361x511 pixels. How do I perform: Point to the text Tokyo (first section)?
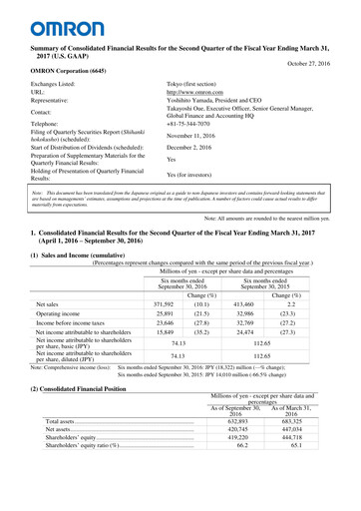(202, 88)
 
